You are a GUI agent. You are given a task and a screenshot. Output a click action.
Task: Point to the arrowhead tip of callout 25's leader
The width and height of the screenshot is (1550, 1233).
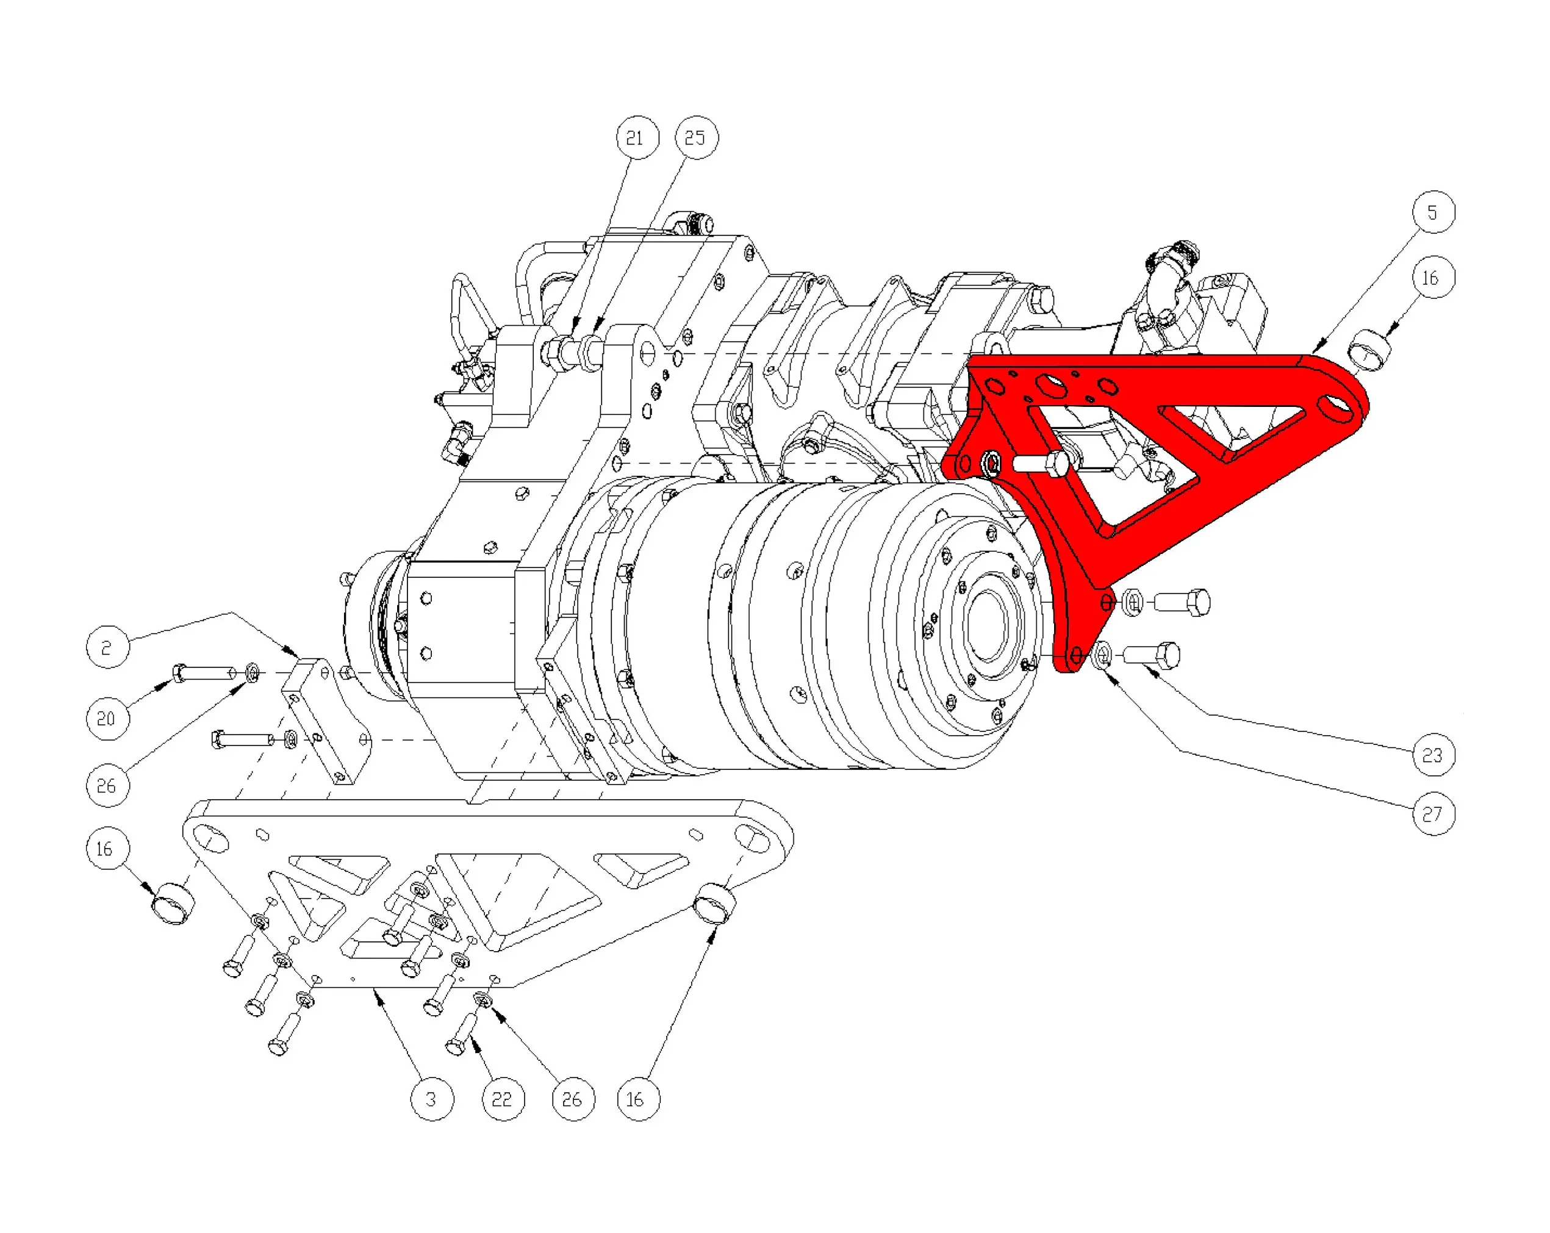pyautogui.click(x=595, y=335)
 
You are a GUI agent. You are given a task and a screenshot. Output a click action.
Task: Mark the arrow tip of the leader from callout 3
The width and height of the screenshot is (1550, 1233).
pyautogui.click(x=375, y=990)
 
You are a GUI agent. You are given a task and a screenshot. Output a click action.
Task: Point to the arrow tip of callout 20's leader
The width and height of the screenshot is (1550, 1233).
pyautogui.click(x=173, y=678)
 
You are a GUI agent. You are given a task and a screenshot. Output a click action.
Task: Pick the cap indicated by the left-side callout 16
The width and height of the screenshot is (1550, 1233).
pyautogui.click(x=173, y=903)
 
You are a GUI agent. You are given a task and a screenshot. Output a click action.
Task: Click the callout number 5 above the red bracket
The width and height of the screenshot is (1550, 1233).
pyautogui.click(x=1432, y=213)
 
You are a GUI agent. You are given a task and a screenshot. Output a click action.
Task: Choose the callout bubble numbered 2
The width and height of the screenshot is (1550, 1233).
pyautogui.click(x=108, y=647)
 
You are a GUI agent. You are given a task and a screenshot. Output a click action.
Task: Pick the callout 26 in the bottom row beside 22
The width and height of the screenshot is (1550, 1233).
pyautogui.click(x=573, y=1099)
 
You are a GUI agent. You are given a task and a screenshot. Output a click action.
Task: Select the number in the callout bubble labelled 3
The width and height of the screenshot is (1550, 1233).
pyautogui.click(x=431, y=1099)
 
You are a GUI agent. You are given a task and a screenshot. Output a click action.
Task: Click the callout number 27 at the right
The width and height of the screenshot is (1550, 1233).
pyautogui.click(x=1432, y=814)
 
